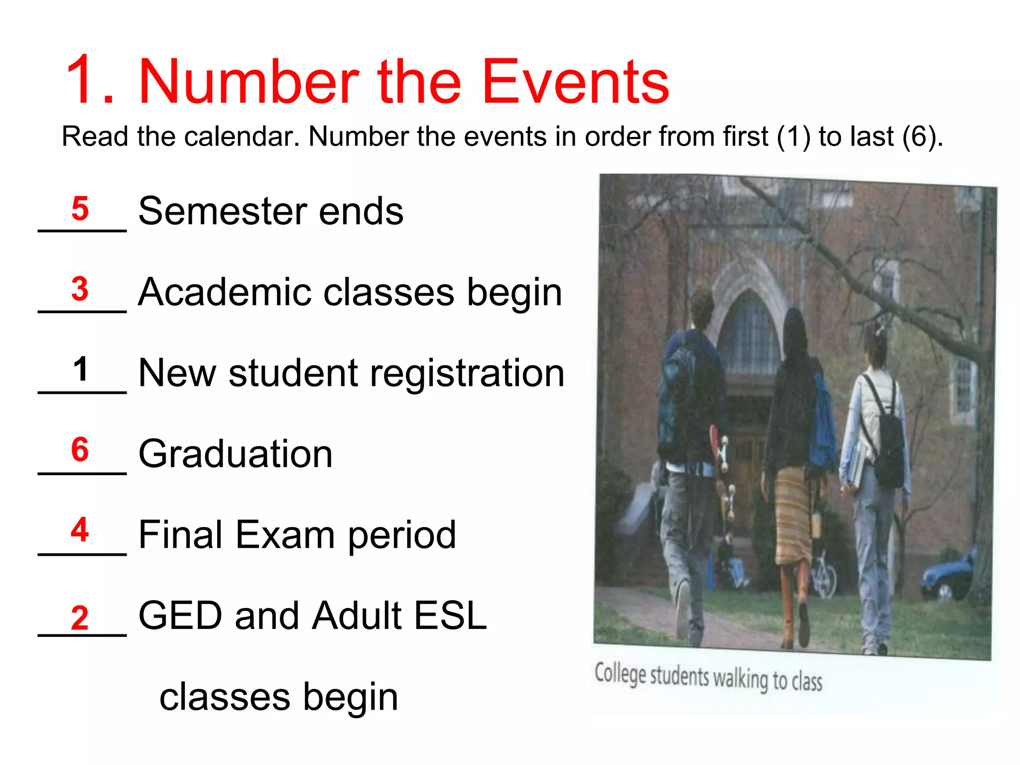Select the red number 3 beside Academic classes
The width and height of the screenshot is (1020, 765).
point(80,289)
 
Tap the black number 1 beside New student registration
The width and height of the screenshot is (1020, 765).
point(80,370)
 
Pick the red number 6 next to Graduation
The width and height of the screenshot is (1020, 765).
point(80,450)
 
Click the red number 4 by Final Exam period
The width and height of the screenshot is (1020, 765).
point(80,529)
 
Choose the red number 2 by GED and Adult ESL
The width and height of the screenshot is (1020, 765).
point(80,618)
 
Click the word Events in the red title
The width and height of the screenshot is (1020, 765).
point(575,82)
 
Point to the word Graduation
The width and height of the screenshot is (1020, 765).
point(235,454)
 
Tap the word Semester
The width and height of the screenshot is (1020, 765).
point(222,211)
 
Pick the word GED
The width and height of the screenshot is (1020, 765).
point(180,616)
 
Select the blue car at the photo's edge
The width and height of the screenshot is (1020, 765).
point(949,573)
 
